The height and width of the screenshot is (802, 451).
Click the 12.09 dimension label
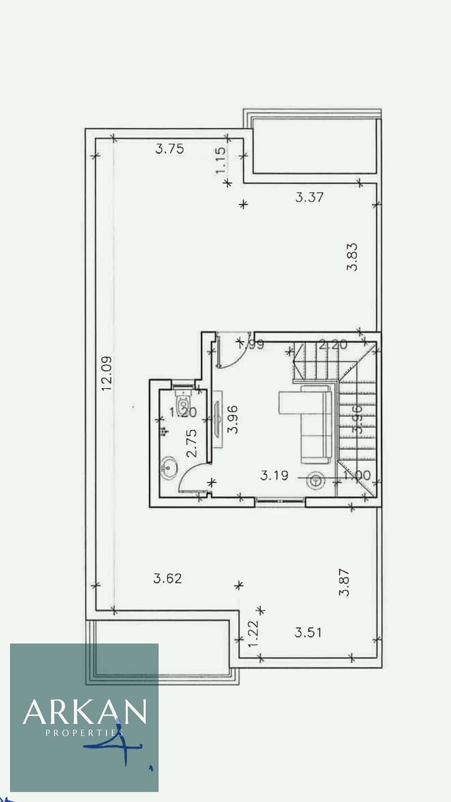[107, 373]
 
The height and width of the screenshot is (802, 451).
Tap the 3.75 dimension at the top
[170, 149]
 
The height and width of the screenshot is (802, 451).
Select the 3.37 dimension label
[310, 197]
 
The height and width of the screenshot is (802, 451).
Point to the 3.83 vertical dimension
[353, 257]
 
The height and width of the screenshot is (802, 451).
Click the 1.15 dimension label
[221, 160]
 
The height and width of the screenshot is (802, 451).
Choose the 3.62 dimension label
[168, 578]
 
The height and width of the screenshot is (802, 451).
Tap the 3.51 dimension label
[308, 632]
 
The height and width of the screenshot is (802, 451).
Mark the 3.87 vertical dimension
[344, 582]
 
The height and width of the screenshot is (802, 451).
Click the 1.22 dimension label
[253, 633]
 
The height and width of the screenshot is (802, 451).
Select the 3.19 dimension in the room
[274, 475]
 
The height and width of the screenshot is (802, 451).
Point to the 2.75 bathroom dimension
[191, 443]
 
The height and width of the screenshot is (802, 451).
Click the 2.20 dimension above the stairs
[332, 345]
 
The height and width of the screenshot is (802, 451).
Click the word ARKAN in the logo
[85, 712]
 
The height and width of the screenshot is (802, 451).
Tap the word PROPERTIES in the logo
[85, 733]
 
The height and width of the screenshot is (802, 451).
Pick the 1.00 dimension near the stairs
[357, 475]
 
